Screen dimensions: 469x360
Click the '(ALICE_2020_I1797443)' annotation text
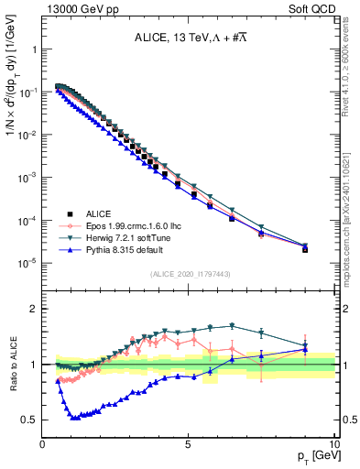(x=190, y=274)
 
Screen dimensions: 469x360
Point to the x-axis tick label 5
(x=189, y=442)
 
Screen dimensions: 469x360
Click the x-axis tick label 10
(x=333, y=442)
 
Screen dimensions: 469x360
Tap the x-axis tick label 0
(x=43, y=442)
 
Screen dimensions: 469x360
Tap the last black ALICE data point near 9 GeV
(x=305, y=249)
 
